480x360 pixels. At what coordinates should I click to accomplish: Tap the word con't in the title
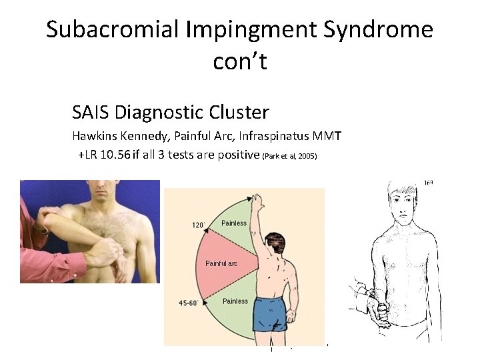240,61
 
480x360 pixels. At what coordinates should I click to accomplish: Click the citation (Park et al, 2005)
291,157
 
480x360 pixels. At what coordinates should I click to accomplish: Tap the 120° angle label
199,225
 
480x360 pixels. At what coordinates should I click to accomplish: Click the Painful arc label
221,263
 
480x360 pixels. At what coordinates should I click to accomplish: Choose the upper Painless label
233,223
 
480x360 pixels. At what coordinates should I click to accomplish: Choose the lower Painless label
235,301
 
